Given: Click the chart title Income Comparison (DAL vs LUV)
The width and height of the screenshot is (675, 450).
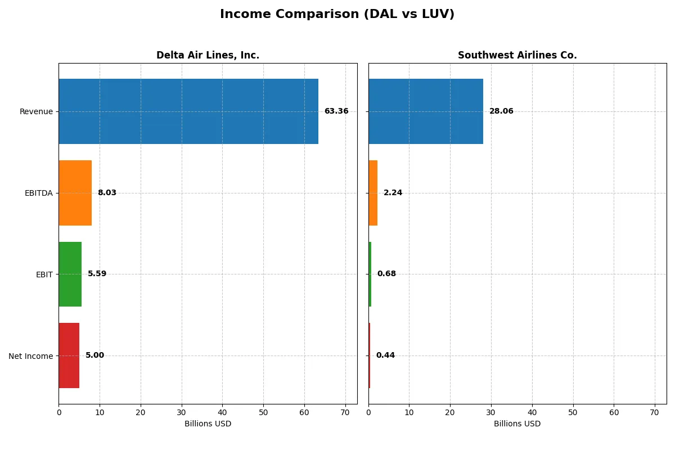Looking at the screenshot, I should click(337, 15).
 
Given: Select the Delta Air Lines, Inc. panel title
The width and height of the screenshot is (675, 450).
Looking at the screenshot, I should click(208, 55).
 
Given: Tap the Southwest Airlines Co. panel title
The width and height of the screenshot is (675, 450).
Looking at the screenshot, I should click(517, 55).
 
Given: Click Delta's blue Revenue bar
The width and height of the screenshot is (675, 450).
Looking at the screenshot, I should click(188, 111).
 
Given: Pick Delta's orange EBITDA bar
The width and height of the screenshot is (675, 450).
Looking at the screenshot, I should click(75, 193).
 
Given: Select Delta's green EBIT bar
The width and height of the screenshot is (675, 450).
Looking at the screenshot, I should click(70, 274).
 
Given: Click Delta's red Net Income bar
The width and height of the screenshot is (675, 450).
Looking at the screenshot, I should click(69, 355).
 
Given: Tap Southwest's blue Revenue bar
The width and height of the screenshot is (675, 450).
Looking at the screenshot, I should click(426, 111).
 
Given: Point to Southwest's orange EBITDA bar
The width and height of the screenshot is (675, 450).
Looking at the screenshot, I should click(373, 193).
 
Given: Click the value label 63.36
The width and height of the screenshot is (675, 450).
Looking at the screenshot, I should click(336, 111).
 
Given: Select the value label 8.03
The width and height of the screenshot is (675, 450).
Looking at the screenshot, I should click(107, 193).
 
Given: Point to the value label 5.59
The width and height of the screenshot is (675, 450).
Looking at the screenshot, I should click(97, 274).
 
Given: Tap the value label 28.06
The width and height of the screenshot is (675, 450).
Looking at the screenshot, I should click(501, 111).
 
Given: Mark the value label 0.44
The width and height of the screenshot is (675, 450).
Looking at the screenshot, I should click(385, 355).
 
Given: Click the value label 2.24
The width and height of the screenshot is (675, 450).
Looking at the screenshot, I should click(393, 193).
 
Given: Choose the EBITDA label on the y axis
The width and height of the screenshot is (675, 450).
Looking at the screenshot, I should click(38, 193).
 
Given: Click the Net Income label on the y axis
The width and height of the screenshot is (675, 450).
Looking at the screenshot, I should click(31, 355).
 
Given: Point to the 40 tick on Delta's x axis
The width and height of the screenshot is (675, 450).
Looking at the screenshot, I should click(222, 412).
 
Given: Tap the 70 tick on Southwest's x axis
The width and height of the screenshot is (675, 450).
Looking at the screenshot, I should click(655, 412).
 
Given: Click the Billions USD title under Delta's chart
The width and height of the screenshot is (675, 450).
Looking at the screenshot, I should click(208, 424).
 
